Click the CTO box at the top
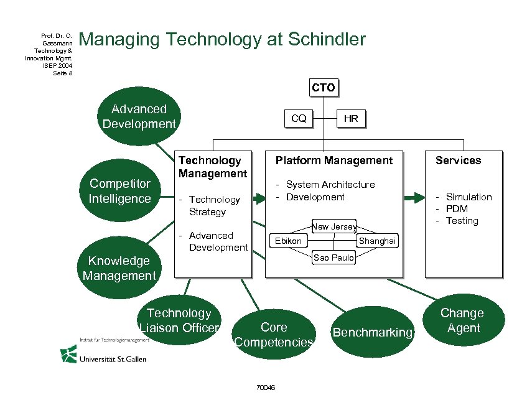[323, 88]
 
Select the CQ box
[299, 118]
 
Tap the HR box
[351, 118]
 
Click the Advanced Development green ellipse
[139, 116]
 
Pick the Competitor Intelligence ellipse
[119, 191]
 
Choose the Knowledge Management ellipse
[119, 268]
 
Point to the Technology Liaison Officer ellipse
[179, 320]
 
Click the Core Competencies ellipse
[274, 335]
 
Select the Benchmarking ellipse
[372, 332]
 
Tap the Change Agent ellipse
[462, 320]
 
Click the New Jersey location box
[334, 226]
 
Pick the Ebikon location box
[288, 241]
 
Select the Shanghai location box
[377, 241]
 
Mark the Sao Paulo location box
[333, 257]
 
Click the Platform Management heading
[334, 160]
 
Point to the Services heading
[458, 160]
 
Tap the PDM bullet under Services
[457, 209]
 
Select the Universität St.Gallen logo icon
[68, 354]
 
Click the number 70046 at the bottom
[265, 388]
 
